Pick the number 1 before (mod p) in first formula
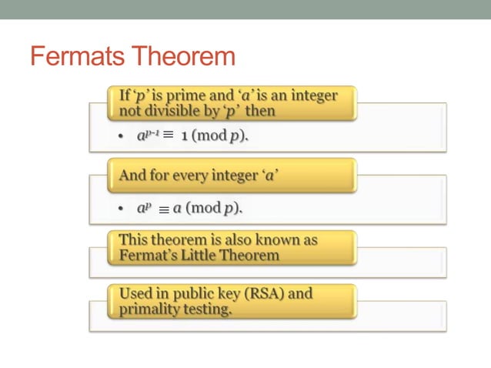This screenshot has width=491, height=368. click(x=185, y=135)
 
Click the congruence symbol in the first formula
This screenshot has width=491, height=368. click(x=168, y=135)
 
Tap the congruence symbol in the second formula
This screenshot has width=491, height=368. click(x=162, y=209)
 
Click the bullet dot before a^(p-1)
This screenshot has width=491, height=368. click(x=121, y=136)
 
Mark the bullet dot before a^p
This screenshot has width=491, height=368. click(x=121, y=209)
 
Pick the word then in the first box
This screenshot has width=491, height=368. click(x=260, y=111)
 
